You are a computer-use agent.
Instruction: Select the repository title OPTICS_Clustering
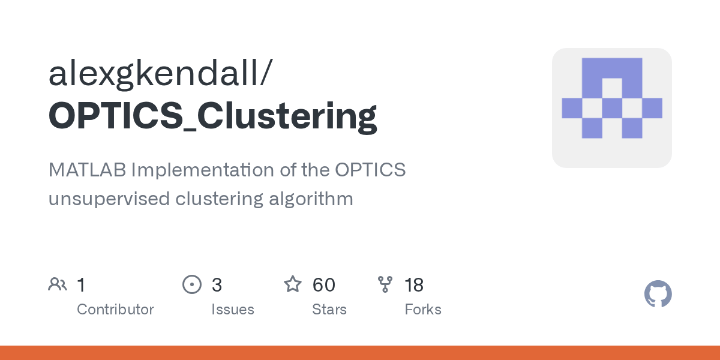(x=212, y=115)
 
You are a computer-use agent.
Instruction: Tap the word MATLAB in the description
(x=87, y=170)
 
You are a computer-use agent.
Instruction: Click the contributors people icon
(x=58, y=284)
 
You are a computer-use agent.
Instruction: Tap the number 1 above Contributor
(x=82, y=284)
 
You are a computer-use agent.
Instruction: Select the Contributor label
(x=115, y=310)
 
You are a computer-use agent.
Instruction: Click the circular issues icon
(x=191, y=284)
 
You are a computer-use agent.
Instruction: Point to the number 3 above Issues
(x=217, y=284)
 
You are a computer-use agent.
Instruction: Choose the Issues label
(x=232, y=310)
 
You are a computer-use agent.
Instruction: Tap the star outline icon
(x=293, y=284)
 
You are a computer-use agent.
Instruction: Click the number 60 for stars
(x=324, y=284)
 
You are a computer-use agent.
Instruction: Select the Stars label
(x=329, y=310)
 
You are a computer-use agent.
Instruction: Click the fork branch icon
(x=385, y=284)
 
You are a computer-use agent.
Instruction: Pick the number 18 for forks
(x=414, y=284)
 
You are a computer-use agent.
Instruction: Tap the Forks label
(x=423, y=310)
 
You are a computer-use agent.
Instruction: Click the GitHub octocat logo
(x=658, y=294)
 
